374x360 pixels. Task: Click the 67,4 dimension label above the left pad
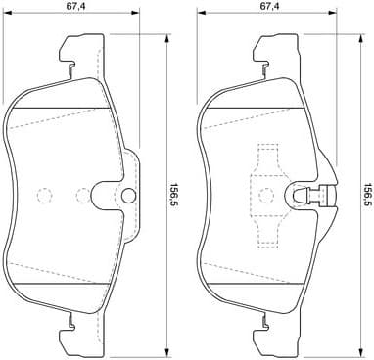74,7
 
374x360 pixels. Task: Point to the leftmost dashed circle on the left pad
42,194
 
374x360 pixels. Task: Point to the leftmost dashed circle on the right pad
234,194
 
